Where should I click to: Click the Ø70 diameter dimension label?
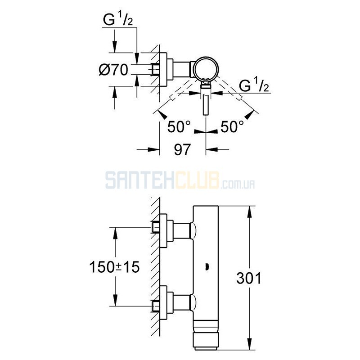point(113,70)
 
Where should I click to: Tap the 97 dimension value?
point(182,149)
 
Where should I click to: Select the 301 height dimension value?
point(249,278)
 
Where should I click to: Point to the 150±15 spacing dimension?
point(114,267)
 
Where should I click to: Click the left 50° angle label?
point(179,126)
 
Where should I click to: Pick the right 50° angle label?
point(232,126)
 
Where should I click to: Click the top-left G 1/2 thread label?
point(118,20)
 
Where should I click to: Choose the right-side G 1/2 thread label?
point(254,86)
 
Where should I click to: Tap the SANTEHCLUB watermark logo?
point(180,180)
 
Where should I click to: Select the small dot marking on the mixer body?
point(207,267)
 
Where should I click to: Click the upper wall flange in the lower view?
point(163,231)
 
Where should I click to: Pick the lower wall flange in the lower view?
point(163,303)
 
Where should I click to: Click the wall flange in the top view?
point(163,70)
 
